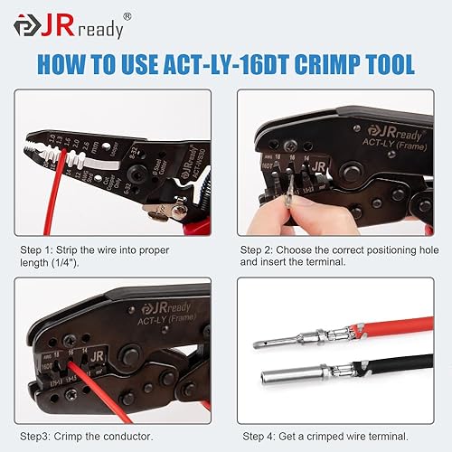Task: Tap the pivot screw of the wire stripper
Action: pyautogui.click(x=178, y=209)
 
